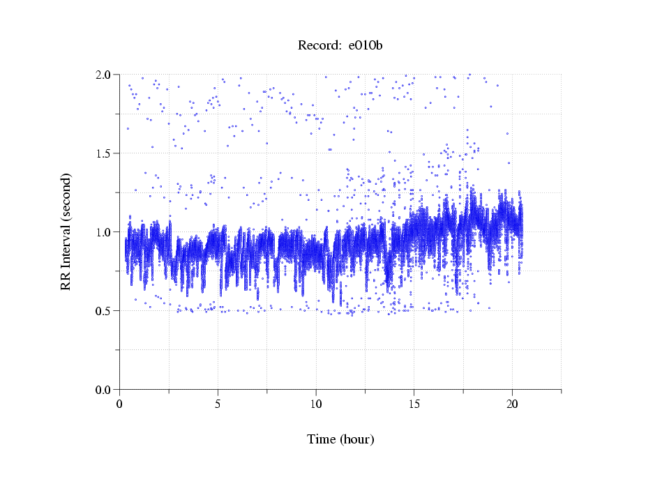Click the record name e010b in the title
tap(366, 46)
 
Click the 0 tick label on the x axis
tap(119, 404)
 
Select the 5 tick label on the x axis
tap(218, 404)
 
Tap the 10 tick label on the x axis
tap(316, 404)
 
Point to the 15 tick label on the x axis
tap(414, 404)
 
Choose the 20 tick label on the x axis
tap(512, 404)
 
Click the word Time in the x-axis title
tap(322, 439)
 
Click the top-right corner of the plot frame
tap(561, 74)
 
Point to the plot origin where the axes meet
tap(119, 389)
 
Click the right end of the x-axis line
tap(561, 389)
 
